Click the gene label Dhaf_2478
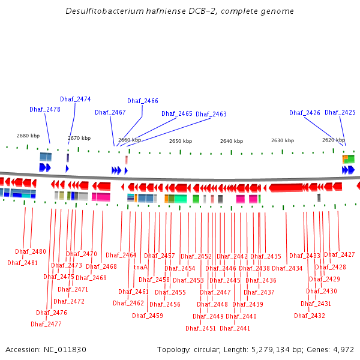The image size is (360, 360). click(45, 109)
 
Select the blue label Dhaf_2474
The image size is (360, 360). click(76, 99)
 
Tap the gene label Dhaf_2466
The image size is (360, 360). click(143, 101)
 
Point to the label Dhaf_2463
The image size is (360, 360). click(211, 114)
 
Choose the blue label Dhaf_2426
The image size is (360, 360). click(305, 113)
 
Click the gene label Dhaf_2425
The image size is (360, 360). click(340, 112)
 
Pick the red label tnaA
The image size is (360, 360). click(140, 267)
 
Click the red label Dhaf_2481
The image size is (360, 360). click(23, 263)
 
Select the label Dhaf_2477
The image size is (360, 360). click(46, 324)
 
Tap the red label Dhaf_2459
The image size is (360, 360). click(148, 316)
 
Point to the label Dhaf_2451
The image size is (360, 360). click(201, 328)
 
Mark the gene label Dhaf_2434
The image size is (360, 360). click(287, 268)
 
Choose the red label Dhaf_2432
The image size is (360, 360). click(313, 316)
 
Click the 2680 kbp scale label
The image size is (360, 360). click(28, 136)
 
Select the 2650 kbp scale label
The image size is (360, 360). click(181, 141)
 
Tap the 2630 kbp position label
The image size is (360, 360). click(283, 140)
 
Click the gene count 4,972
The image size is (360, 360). click(344, 349)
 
